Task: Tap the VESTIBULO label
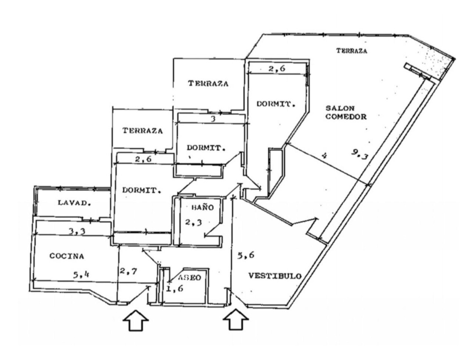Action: [x=275, y=276]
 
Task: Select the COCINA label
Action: [x=67, y=256]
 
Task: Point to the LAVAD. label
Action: [x=74, y=203]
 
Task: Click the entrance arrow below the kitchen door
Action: [x=135, y=321]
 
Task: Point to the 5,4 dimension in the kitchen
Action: [x=81, y=275]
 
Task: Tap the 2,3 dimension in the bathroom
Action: [x=193, y=223]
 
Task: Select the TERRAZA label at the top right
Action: [x=352, y=51]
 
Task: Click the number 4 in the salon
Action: [x=324, y=155]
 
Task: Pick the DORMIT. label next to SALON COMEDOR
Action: [x=275, y=104]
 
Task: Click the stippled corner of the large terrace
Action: [x=436, y=62]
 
